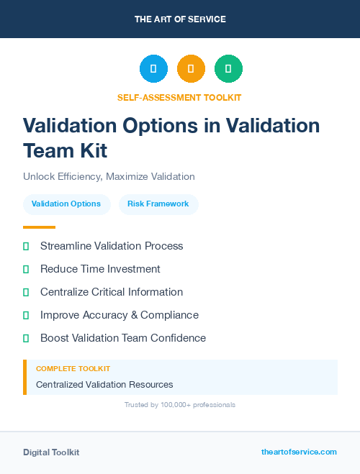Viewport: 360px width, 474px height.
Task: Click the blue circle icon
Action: point(153,69)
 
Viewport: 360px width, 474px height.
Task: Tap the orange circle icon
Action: point(191,69)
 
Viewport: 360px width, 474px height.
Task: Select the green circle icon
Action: point(228,69)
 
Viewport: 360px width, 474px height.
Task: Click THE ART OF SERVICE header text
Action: point(180,19)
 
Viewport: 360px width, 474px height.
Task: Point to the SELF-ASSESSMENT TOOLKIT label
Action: point(179,97)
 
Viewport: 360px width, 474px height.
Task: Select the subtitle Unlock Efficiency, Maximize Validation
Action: point(109,176)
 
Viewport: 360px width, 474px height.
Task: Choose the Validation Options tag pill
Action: point(66,204)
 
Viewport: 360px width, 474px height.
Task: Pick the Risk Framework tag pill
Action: point(158,204)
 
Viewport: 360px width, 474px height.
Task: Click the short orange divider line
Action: point(39,227)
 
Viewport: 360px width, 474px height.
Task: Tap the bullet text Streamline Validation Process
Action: point(112,246)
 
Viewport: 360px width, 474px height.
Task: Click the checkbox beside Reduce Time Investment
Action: point(26,270)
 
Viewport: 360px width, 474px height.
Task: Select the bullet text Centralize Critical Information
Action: point(112,292)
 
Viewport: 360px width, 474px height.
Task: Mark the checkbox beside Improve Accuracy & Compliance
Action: point(26,315)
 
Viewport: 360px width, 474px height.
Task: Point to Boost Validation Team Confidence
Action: point(123,338)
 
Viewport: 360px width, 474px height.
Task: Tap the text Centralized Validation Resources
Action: point(104,385)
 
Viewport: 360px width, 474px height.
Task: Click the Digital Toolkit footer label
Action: point(51,452)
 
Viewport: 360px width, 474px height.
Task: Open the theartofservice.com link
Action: point(299,452)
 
